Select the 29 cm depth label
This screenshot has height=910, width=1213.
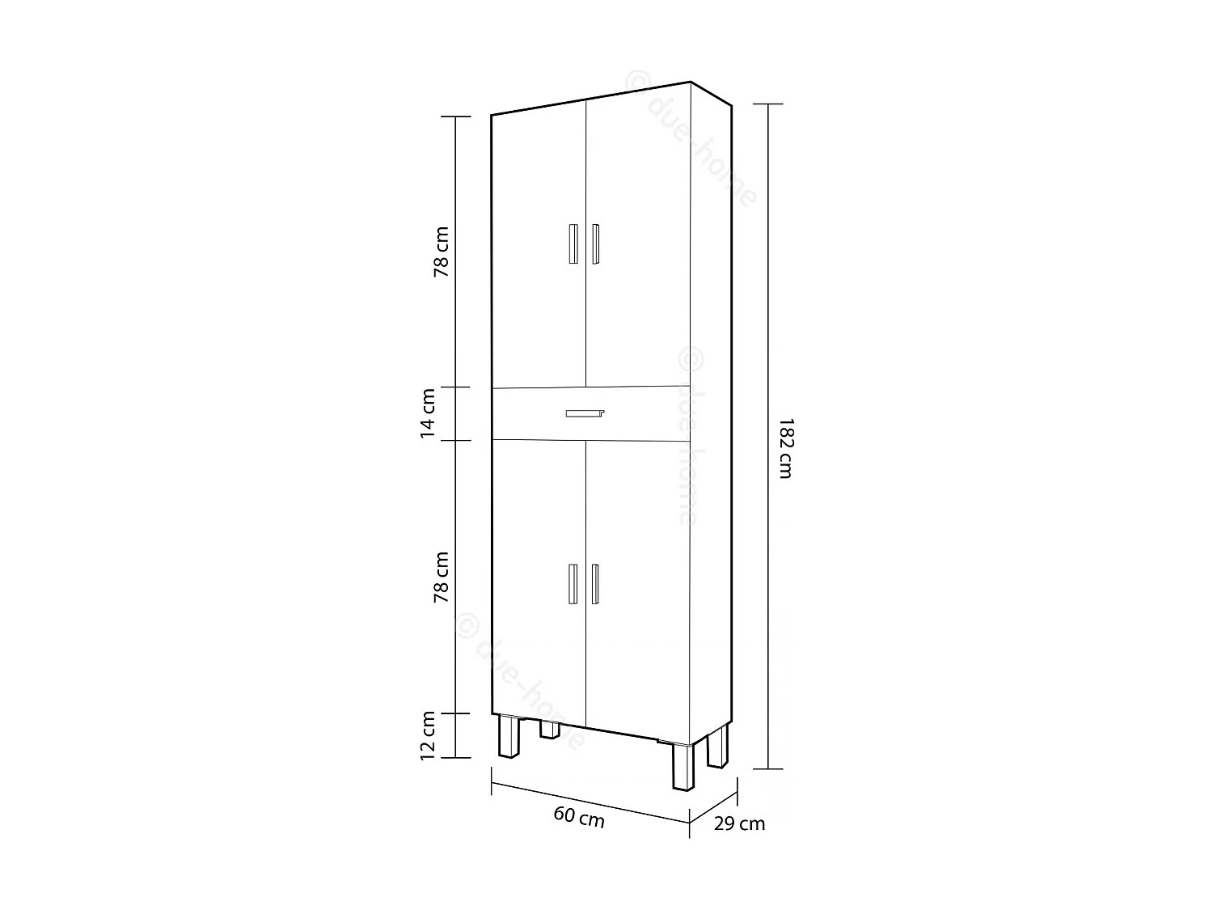pyautogui.click(x=739, y=824)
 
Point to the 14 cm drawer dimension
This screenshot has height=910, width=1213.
pyautogui.click(x=429, y=413)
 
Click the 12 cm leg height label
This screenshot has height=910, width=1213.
pyautogui.click(x=429, y=734)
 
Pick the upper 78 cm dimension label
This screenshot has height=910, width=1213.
pyautogui.click(x=442, y=252)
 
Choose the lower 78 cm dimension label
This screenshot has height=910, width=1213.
pyautogui.click(x=442, y=577)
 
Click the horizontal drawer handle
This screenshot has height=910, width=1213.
pyautogui.click(x=585, y=413)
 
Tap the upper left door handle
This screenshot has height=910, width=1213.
pyautogui.click(x=573, y=243)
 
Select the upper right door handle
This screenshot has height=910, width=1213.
pyautogui.click(x=595, y=243)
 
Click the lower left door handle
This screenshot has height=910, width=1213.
pyautogui.click(x=573, y=583)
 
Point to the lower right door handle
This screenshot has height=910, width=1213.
pyautogui.click(x=595, y=583)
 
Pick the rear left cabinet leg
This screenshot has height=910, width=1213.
pyautogui.click(x=550, y=729)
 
